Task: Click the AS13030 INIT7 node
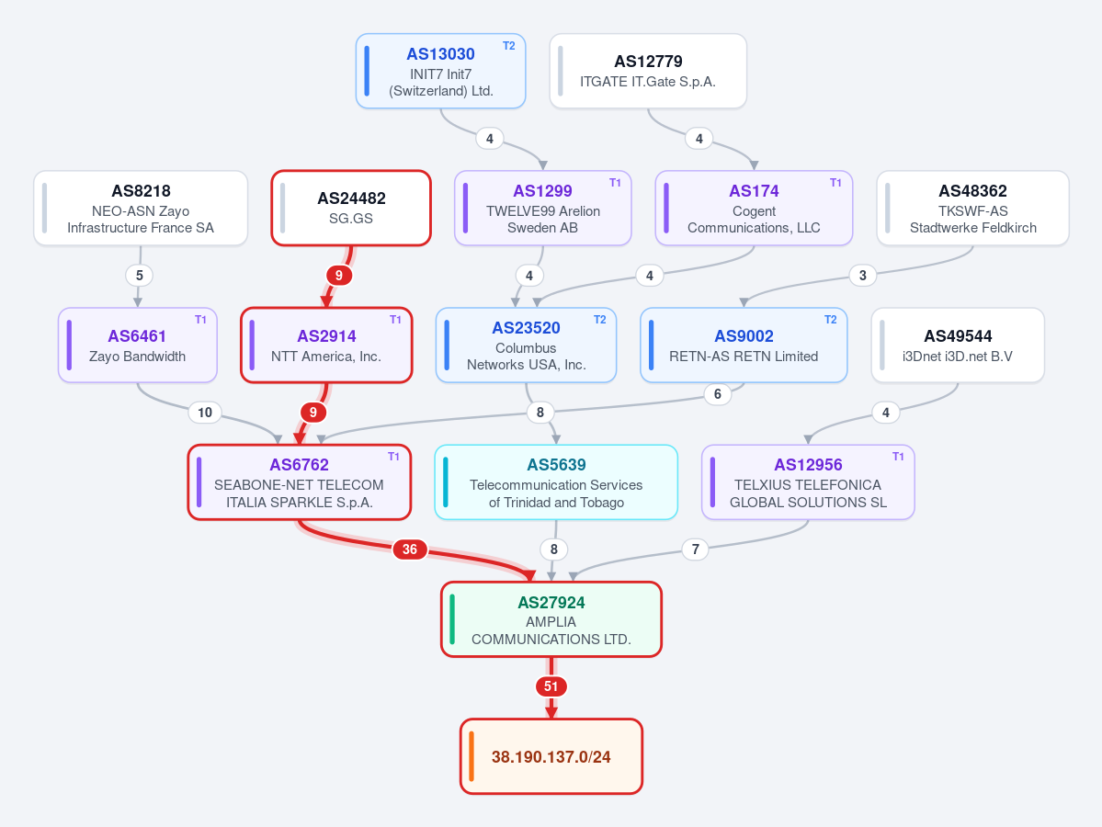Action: [x=440, y=71]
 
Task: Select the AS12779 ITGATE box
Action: [x=648, y=71]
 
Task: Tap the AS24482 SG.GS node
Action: [x=351, y=208]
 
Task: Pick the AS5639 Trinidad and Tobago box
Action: [x=556, y=482]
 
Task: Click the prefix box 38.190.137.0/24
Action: [x=551, y=757]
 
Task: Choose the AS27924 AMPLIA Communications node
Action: [x=551, y=619]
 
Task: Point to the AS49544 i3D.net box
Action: [x=958, y=345]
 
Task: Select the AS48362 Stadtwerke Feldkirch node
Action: [x=972, y=208]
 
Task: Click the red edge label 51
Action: [x=551, y=686]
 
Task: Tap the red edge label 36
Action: [x=410, y=549]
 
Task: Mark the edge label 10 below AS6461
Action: [x=205, y=413]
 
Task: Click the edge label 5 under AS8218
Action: [x=139, y=276]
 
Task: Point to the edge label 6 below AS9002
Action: [x=718, y=394]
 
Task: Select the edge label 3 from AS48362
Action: [x=863, y=276]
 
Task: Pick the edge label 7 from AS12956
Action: [x=695, y=549]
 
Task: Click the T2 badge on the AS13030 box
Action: [x=509, y=46]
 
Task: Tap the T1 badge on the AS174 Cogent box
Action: [x=835, y=183]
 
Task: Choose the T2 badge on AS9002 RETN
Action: [x=831, y=320]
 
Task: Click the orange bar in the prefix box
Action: [x=471, y=757]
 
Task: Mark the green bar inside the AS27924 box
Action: [x=452, y=619]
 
